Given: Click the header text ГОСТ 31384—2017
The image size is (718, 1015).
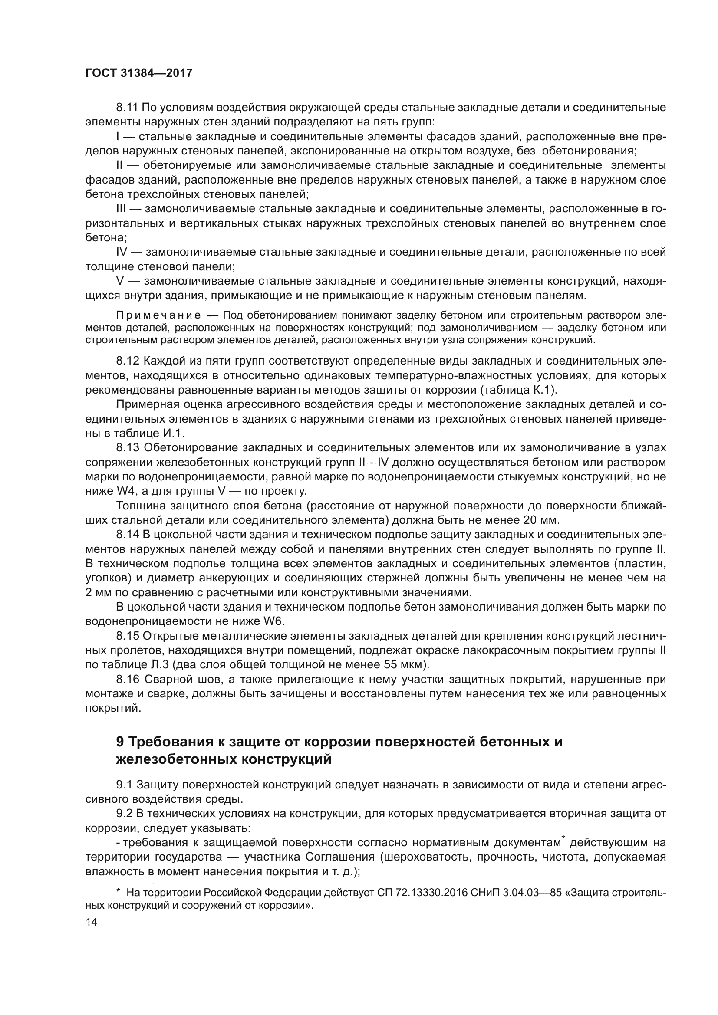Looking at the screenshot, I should [x=139, y=73].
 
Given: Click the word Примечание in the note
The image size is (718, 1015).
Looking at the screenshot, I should [x=158, y=315].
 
